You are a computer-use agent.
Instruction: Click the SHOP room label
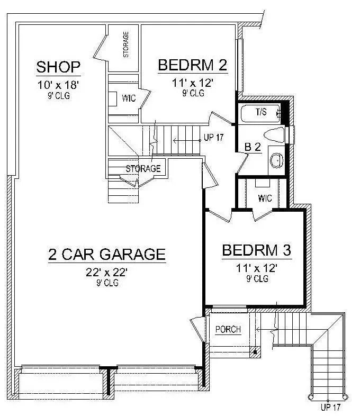coord(58,67)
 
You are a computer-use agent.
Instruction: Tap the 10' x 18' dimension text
coord(58,85)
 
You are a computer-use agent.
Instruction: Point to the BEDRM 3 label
coord(257,250)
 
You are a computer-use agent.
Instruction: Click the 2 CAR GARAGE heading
coord(106,254)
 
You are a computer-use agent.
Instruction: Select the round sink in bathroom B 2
coord(275,159)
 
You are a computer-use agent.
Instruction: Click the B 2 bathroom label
coord(253,148)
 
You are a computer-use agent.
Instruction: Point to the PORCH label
coord(228,330)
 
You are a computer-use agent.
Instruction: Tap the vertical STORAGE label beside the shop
coord(126,44)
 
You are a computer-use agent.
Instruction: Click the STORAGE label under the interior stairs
coord(143,169)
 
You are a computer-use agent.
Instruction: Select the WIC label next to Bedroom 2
coord(129,98)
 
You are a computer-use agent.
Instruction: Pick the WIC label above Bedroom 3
coord(265,199)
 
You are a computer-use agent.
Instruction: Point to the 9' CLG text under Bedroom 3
coord(257,278)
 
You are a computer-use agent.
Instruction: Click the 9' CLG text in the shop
coord(58,96)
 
